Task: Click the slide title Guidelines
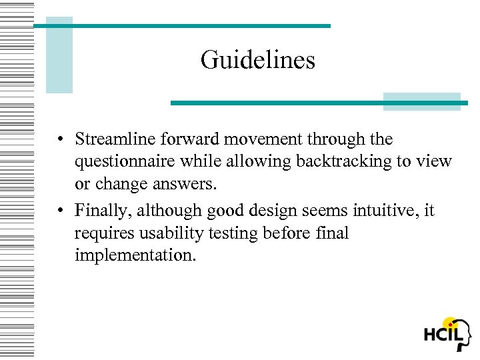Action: (257, 61)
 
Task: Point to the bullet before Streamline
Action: (60, 140)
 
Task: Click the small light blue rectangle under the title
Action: (421, 101)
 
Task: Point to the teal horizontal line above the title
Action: (181, 26)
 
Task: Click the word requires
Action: (103, 233)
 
